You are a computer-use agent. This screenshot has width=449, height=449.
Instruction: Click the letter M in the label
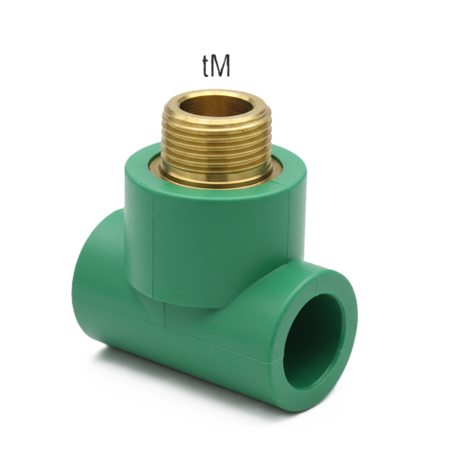tap(221, 67)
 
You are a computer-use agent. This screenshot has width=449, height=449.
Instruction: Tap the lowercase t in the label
tap(206, 68)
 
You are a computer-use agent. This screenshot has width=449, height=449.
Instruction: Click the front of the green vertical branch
tap(219, 246)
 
